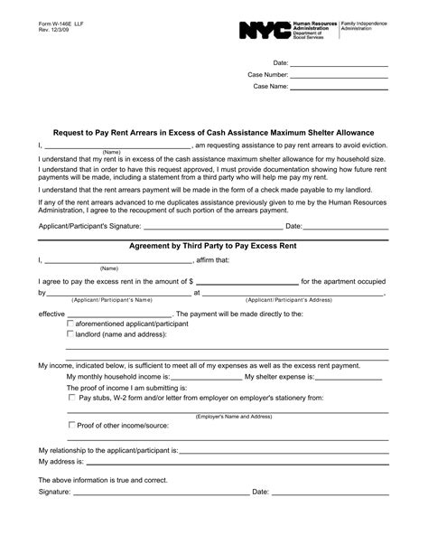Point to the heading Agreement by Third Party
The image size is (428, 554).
pos(214,246)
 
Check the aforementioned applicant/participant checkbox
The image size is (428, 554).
pos(71,323)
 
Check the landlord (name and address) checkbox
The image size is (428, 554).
pos(71,333)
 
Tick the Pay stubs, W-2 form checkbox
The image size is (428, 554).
pos(71,396)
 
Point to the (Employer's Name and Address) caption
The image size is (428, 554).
pos(234,417)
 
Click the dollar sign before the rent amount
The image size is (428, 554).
pos(191,282)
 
